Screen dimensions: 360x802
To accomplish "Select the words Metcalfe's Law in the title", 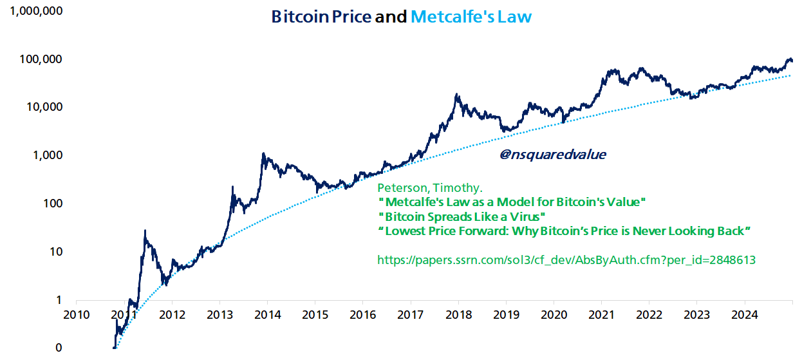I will (x=471, y=17).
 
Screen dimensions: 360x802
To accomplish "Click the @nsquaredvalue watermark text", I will (x=552, y=155).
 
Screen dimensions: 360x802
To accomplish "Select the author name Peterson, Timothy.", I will (x=429, y=188).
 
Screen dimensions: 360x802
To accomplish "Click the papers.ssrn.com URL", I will (x=566, y=260).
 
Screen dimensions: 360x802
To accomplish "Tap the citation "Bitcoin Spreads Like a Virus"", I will (x=462, y=216).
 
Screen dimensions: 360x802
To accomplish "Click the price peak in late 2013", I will (x=263, y=153).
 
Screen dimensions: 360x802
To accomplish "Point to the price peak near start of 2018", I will (x=457, y=95).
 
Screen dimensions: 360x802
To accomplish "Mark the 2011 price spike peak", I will (x=145, y=231).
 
